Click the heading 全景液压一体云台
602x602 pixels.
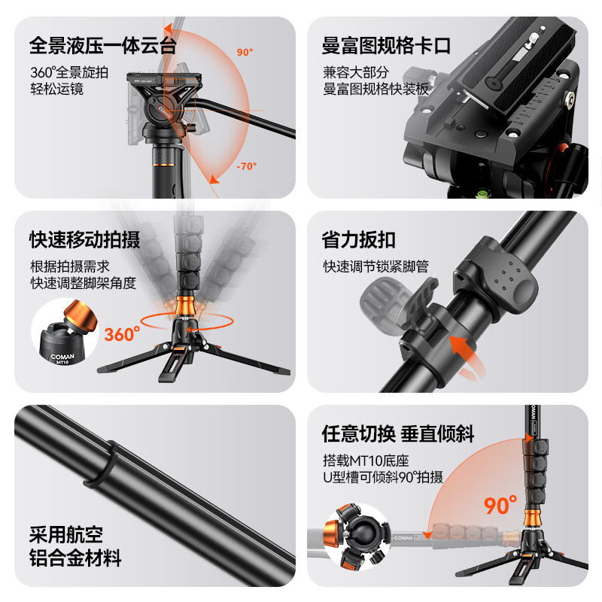(x=102, y=45)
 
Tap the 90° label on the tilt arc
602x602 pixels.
(x=245, y=53)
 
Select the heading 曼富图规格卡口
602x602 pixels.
(x=386, y=45)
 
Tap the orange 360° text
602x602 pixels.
(x=123, y=333)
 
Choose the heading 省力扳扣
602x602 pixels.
(x=359, y=240)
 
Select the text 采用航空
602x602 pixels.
(x=65, y=535)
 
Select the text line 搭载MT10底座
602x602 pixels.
(x=366, y=461)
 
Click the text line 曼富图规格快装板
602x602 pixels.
(x=375, y=90)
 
